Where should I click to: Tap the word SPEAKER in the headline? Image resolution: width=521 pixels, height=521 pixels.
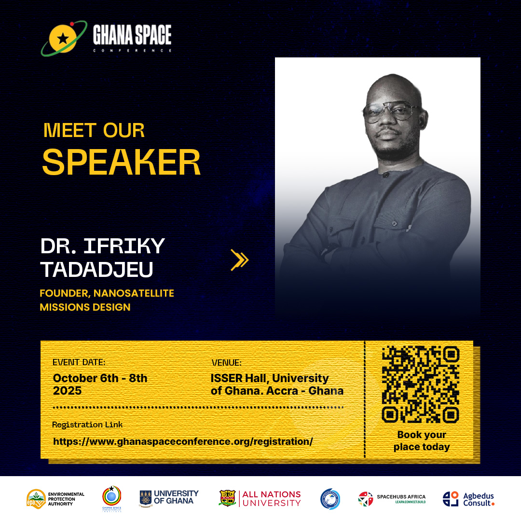click(121, 163)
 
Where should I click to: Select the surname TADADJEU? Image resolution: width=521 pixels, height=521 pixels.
click(96, 270)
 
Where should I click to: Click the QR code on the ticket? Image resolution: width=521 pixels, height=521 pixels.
click(420, 385)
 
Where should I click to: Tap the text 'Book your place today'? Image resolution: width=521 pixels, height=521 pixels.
click(421, 441)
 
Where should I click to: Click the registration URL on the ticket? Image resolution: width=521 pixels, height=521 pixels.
click(183, 441)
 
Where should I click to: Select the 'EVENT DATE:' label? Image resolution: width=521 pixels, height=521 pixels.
click(79, 362)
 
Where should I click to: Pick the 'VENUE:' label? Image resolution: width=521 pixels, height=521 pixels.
click(226, 363)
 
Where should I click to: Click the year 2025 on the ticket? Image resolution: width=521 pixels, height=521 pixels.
click(68, 391)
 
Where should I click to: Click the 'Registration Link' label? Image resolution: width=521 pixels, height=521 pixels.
click(87, 425)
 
